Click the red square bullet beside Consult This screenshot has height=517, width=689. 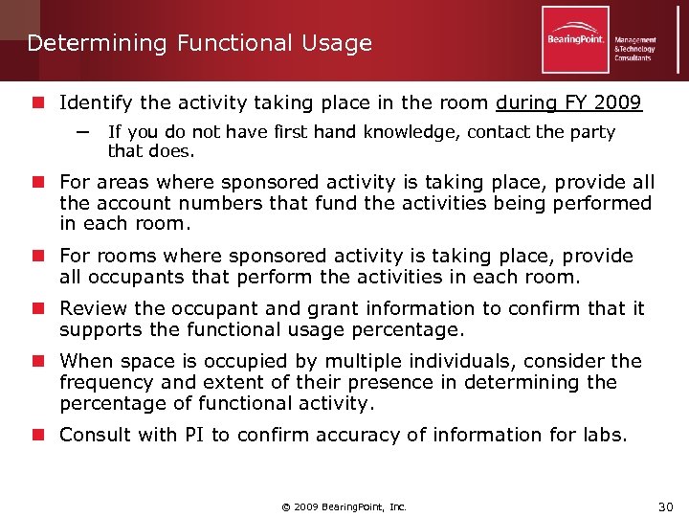(x=37, y=435)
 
